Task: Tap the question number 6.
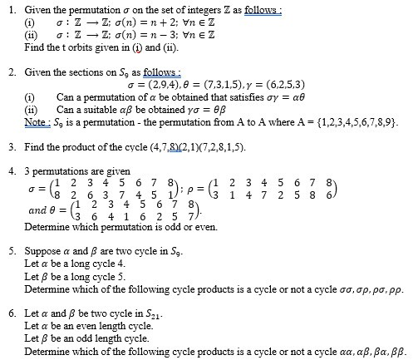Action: pos(9,314)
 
